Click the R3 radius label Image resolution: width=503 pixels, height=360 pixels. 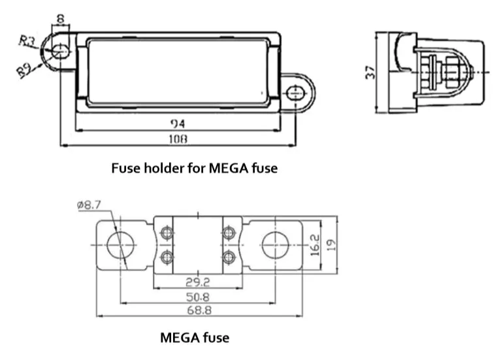point(27,41)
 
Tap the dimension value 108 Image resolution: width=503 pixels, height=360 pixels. point(178,139)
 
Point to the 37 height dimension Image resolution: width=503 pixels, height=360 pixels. point(371,71)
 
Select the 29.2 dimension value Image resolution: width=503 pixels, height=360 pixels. point(197,282)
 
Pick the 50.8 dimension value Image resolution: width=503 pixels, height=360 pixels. point(197,297)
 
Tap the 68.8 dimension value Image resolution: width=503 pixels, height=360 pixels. point(197,312)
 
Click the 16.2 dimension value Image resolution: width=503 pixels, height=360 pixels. point(316,245)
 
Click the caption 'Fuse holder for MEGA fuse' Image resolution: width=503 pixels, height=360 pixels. point(195,168)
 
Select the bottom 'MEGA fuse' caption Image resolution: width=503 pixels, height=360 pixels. point(195,338)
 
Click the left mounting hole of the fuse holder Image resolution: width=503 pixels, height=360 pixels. point(59,50)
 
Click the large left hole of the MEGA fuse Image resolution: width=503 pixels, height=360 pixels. point(120,245)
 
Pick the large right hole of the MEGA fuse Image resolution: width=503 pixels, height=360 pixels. point(274,245)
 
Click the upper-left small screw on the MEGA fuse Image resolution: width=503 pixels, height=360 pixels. point(167,233)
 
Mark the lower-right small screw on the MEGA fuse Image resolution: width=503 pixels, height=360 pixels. point(229,257)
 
